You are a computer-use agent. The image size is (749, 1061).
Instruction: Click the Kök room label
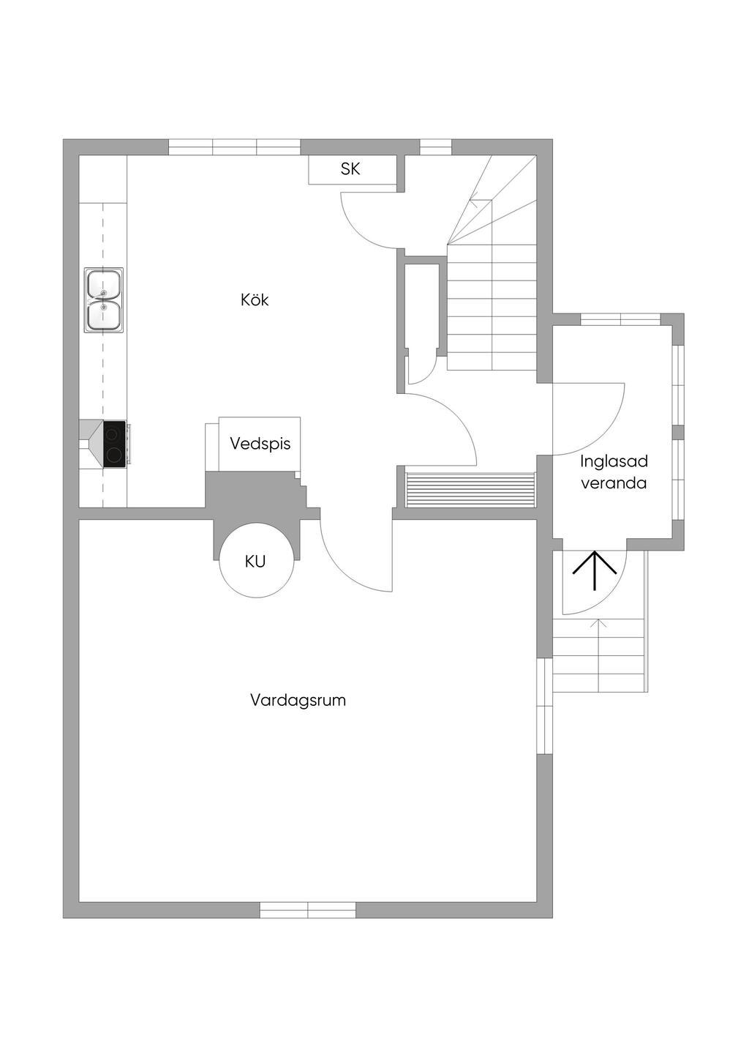point(255,300)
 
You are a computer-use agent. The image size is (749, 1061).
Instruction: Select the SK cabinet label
point(350,169)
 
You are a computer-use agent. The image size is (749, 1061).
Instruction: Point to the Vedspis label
point(260,444)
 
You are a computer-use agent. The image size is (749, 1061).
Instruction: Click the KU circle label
point(255,562)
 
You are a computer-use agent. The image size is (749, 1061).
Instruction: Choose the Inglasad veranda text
point(614,472)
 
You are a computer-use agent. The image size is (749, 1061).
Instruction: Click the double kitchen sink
point(104,300)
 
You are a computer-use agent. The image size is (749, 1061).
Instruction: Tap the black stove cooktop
point(114,444)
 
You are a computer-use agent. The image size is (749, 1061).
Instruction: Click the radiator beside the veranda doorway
point(470,490)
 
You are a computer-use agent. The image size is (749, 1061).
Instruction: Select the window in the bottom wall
point(308,910)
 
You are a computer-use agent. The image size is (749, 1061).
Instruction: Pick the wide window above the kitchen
point(234,147)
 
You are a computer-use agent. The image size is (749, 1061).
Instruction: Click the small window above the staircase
point(435,147)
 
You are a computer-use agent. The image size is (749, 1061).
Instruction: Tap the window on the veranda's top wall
point(620,319)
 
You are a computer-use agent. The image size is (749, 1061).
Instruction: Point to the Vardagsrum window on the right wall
point(545,707)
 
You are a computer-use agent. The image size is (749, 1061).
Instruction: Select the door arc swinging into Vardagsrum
point(351,564)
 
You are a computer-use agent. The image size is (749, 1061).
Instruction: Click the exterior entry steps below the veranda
point(599,655)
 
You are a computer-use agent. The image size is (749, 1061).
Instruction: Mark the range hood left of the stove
point(91,444)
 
